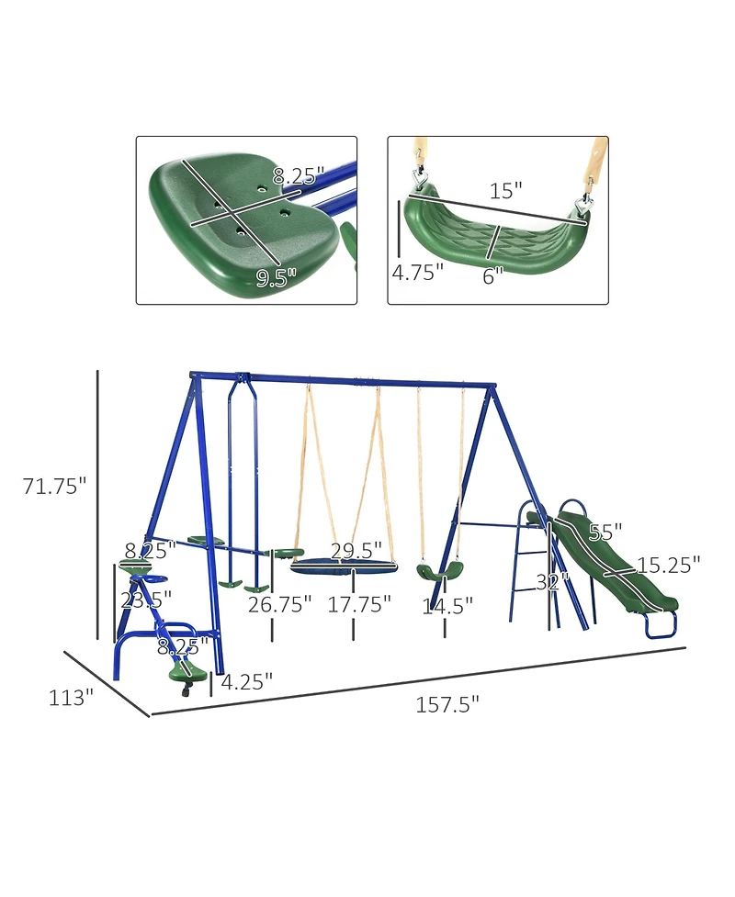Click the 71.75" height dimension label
click(x=54, y=487)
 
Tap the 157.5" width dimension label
click(x=447, y=705)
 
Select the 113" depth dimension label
click(x=71, y=698)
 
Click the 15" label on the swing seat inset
click(x=505, y=190)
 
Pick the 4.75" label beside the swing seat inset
click(x=417, y=273)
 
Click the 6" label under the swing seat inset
click(x=493, y=275)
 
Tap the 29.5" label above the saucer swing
click(x=356, y=551)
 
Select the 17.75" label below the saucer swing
click(x=359, y=604)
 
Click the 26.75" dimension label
click(x=279, y=604)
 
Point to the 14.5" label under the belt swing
click(x=447, y=605)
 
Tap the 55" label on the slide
click(x=605, y=532)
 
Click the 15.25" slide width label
click(x=671, y=564)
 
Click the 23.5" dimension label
click(x=147, y=600)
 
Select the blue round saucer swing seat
click(x=343, y=566)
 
